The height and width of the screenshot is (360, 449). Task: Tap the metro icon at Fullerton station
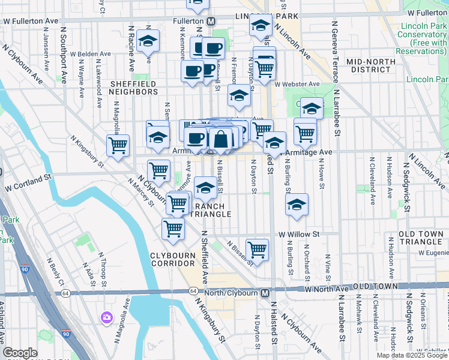(x=211, y=21)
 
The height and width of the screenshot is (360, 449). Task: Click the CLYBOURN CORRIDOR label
(x=172, y=260)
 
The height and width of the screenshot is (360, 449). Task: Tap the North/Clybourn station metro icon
(x=265, y=292)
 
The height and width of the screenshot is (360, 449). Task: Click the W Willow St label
(x=299, y=234)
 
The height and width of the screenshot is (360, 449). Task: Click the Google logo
(x=20, y=353)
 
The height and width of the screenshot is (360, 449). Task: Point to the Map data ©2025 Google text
(x=412, y=355)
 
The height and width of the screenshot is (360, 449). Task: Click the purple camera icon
(x=107, y=316)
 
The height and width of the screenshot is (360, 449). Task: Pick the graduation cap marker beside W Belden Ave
(x=147, y=41)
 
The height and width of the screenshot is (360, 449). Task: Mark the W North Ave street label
(x=327, y=289)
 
